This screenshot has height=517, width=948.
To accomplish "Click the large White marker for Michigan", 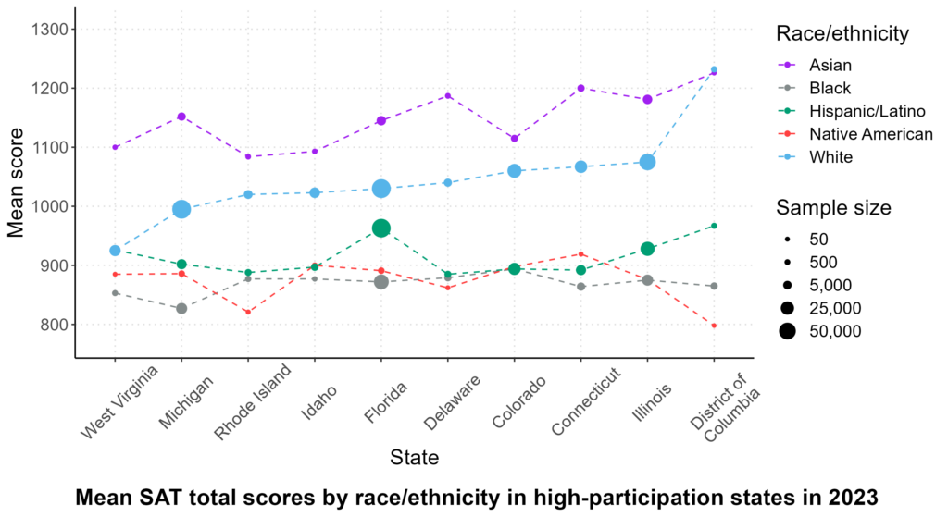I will (x=181, y=209).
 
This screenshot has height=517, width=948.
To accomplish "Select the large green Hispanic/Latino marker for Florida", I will (x=381, y=228).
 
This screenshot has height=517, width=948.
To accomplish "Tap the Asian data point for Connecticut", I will (x=581, y=88).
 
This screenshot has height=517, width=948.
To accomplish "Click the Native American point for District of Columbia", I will (x=714, y=326).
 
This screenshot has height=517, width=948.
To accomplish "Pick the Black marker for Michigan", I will (x=181, y=308).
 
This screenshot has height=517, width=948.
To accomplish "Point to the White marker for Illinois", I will (x=648, y=162).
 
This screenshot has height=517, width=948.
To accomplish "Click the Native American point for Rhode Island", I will (x=248, y=312).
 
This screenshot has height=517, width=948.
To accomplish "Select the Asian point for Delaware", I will (x=448, y=95).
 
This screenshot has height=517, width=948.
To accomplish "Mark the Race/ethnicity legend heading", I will (x=842, y=34).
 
